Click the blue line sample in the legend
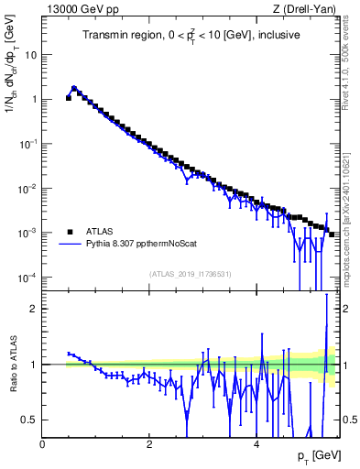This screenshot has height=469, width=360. [x=70, y=245]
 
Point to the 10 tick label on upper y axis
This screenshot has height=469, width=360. [x=30, y=54]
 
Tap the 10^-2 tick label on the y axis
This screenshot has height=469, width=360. [x=27, y=188]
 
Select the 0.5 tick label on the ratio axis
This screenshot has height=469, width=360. [x=28, y=420]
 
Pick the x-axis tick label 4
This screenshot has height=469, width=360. [x=256, y=442]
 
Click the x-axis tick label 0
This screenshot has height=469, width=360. [x=42, y=442]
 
